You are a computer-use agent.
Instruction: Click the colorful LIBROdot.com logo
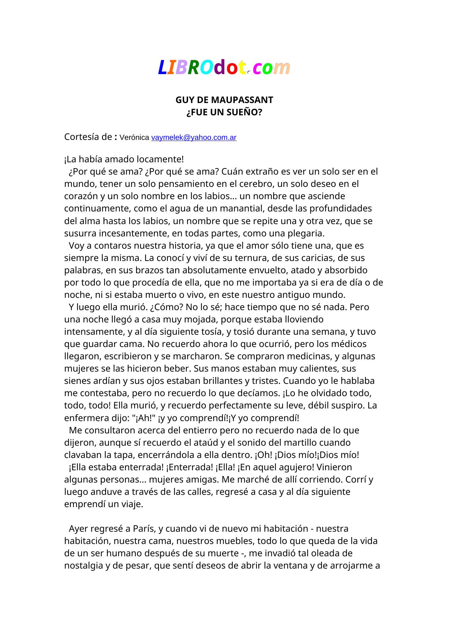coord(224,68)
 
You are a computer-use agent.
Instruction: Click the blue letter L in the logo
coord(162,68)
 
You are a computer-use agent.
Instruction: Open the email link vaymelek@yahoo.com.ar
coord(194,137)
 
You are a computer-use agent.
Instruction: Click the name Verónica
coord(134,137)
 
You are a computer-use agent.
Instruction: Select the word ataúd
coord(206,442)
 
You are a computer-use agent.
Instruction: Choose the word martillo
coord(292,442)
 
